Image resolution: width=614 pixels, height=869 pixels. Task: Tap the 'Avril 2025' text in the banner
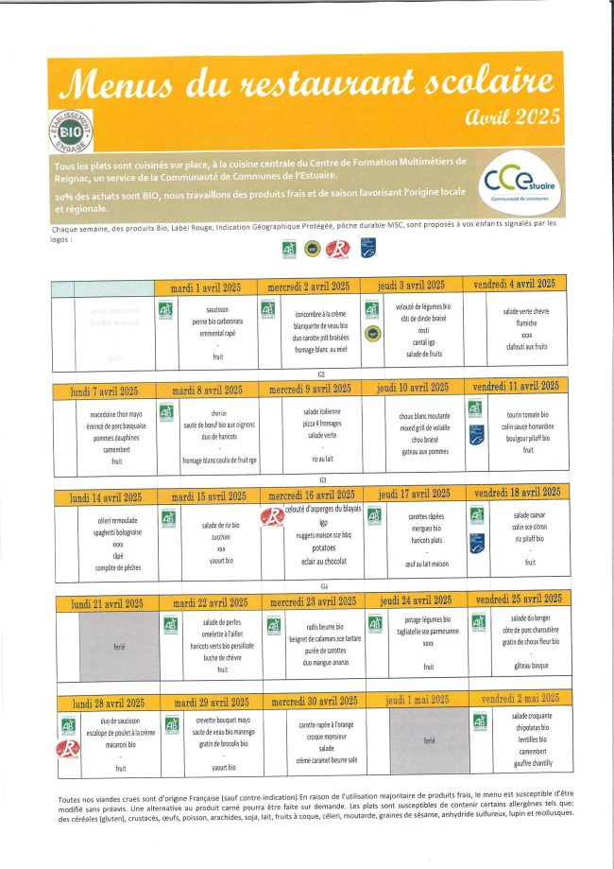[x=514, y=117]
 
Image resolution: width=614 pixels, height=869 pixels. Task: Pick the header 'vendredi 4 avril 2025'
[x=514, y=284]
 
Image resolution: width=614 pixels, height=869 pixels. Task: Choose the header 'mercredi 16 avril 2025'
[x=309, y=495]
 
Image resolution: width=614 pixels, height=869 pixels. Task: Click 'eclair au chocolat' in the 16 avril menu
[x=322, y=560]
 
